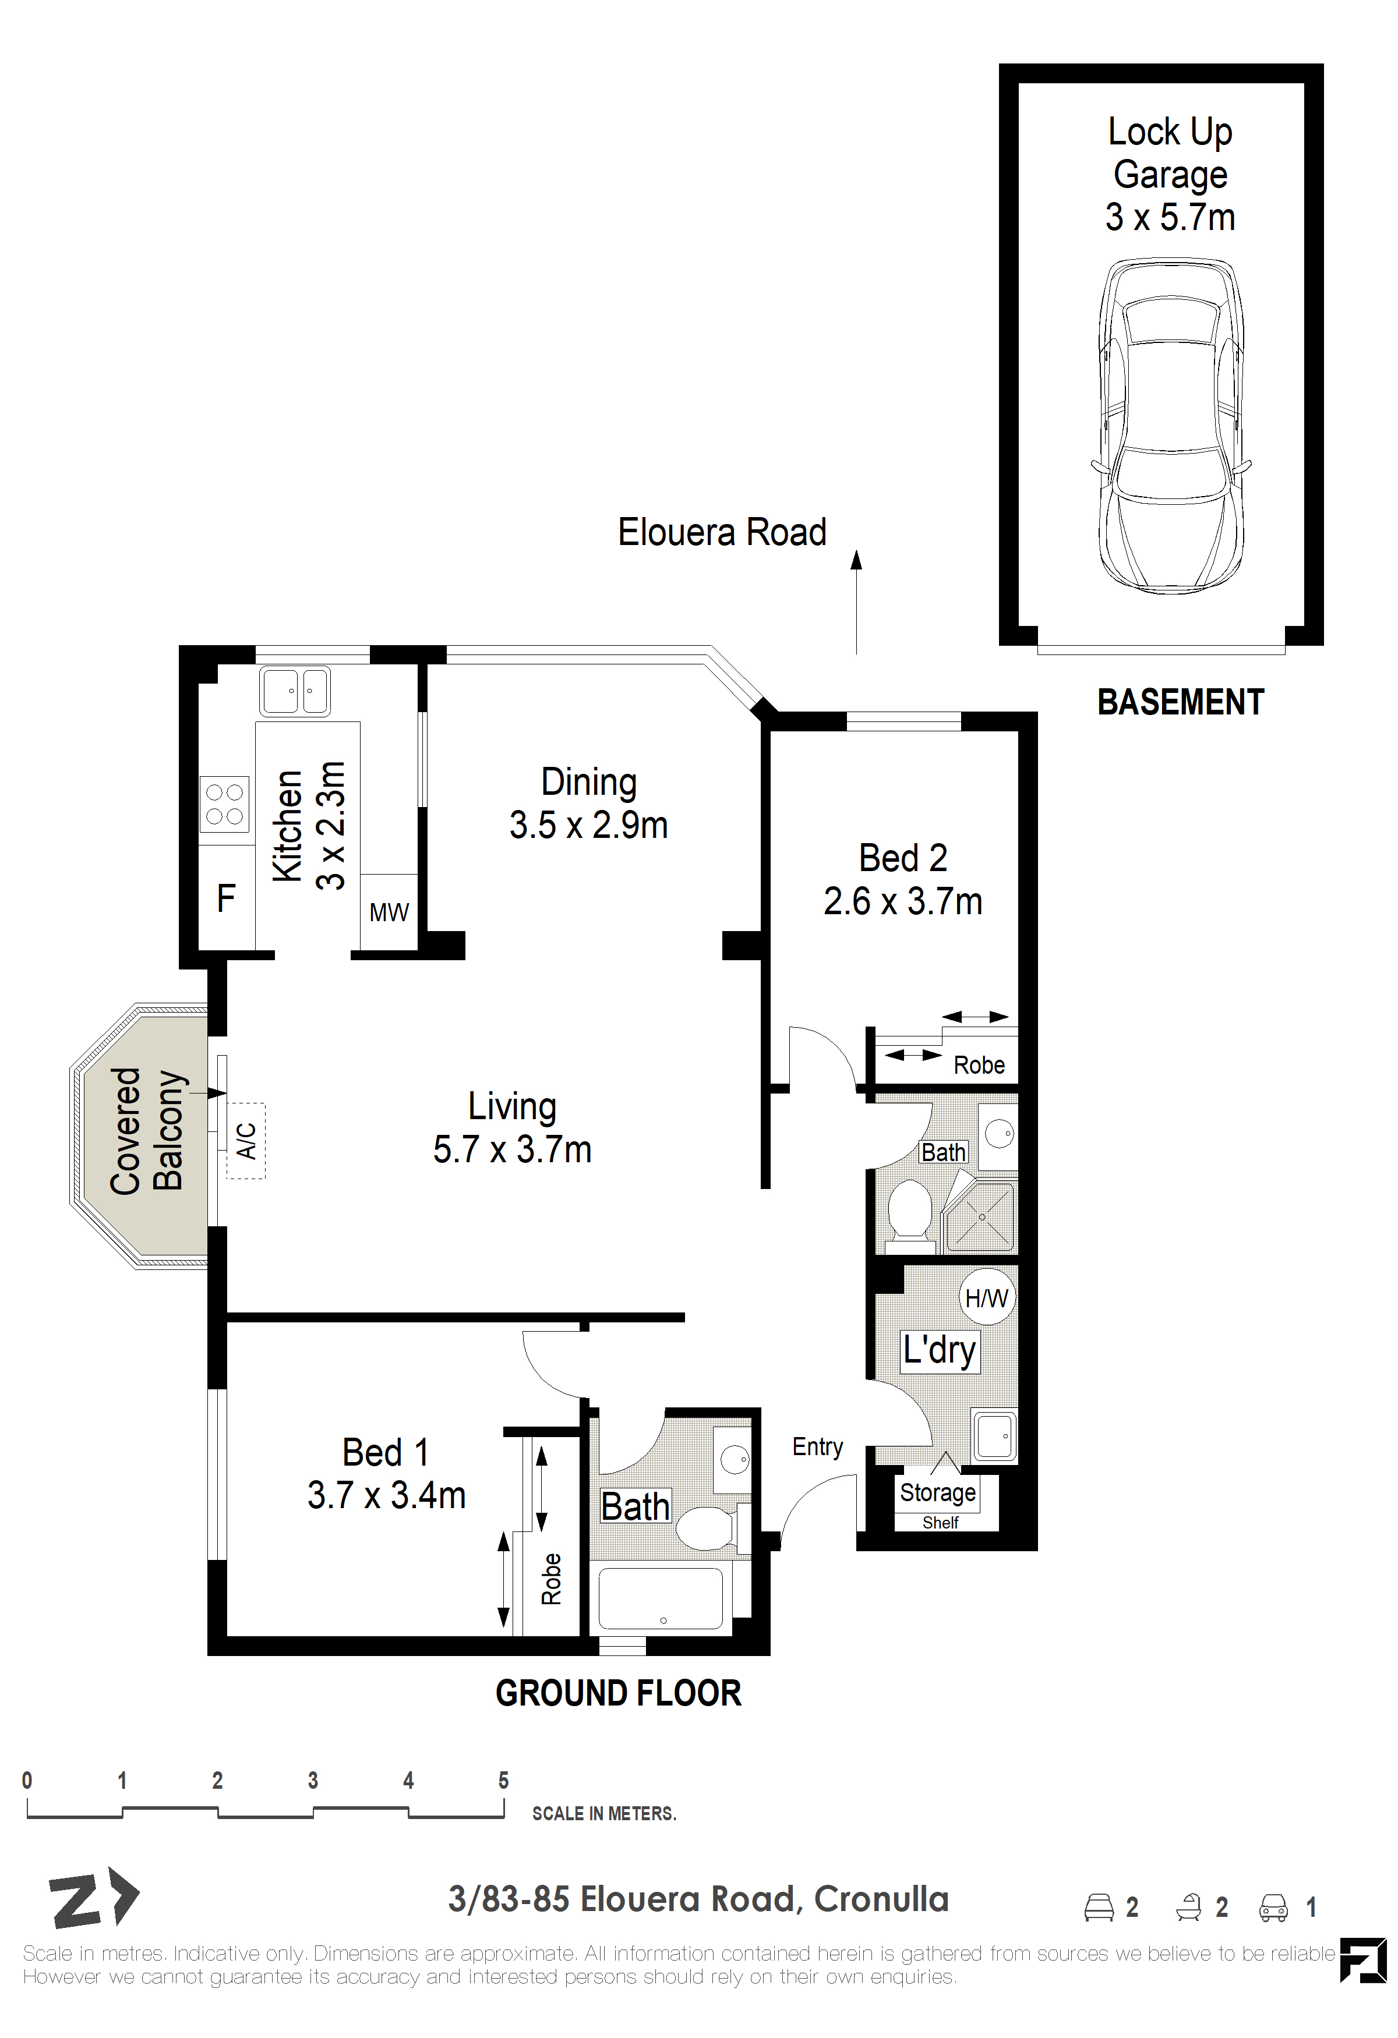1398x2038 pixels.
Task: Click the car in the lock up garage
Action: (x=1170, y=427)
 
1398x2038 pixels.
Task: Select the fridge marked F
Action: (x=226, y=897)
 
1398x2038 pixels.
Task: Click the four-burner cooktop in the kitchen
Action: (x=224, y=804)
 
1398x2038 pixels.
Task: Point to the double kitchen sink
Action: (x=295, y=691)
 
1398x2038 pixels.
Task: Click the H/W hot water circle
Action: (x=987, y=1297)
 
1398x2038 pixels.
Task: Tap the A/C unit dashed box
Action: (x=246, y=1140)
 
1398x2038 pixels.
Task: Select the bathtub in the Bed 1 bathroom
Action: (x=661, y=1598)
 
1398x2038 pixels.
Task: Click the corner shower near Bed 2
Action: (x=980, y=1216)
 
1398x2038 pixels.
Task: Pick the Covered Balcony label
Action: (x=146, y=1131)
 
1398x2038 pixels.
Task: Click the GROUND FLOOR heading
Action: (x=618, y=1693)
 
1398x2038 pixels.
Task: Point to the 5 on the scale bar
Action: (x=503, y=1780)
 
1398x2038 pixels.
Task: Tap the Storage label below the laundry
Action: (x=938, y=1492)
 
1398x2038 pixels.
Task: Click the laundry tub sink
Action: (x=994, y=1435)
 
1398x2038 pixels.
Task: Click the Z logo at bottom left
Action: (x=93, y=1898)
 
